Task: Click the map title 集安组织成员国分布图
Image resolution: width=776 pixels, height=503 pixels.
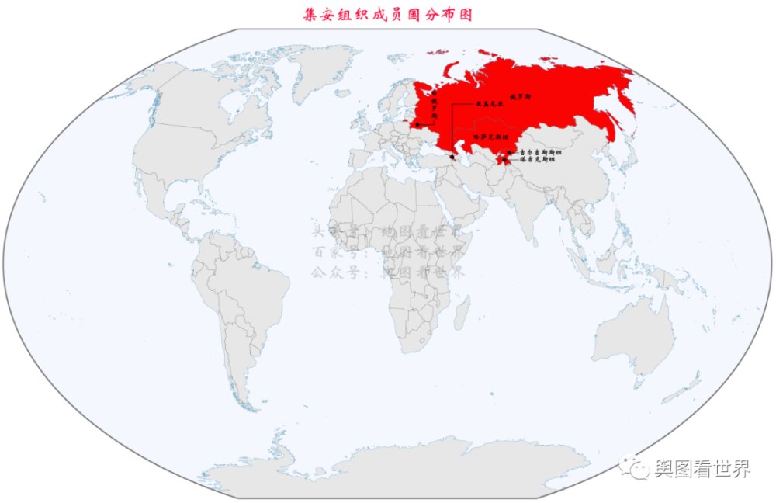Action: click(x=388, y=15)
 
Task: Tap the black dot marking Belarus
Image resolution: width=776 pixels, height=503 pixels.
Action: click(x=417, y=124)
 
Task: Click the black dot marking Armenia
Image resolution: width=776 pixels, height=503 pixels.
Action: click(x=452, y=157)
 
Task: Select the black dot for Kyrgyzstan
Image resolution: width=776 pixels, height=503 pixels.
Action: click(x=510, y=153)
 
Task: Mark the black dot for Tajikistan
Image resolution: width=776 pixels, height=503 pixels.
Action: click(x=504, y=160)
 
